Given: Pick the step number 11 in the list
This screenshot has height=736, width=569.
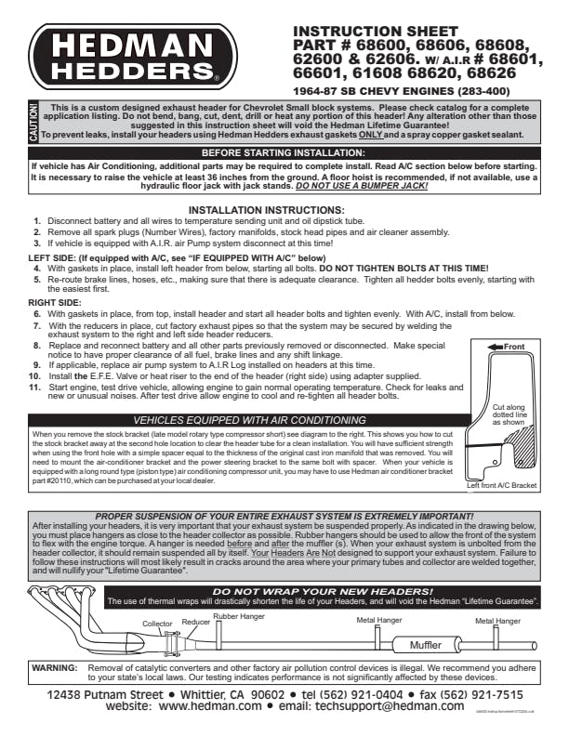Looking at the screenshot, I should pyautogui.click(x=34, y=386).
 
